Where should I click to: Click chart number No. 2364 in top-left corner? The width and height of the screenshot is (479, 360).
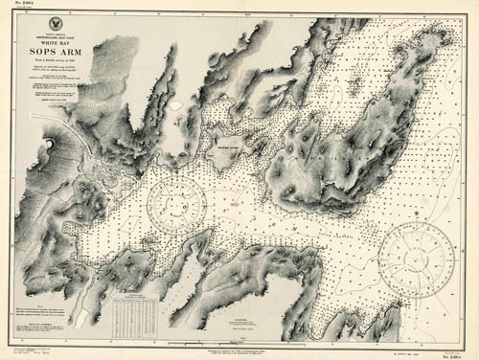click(x=20, y=8)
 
